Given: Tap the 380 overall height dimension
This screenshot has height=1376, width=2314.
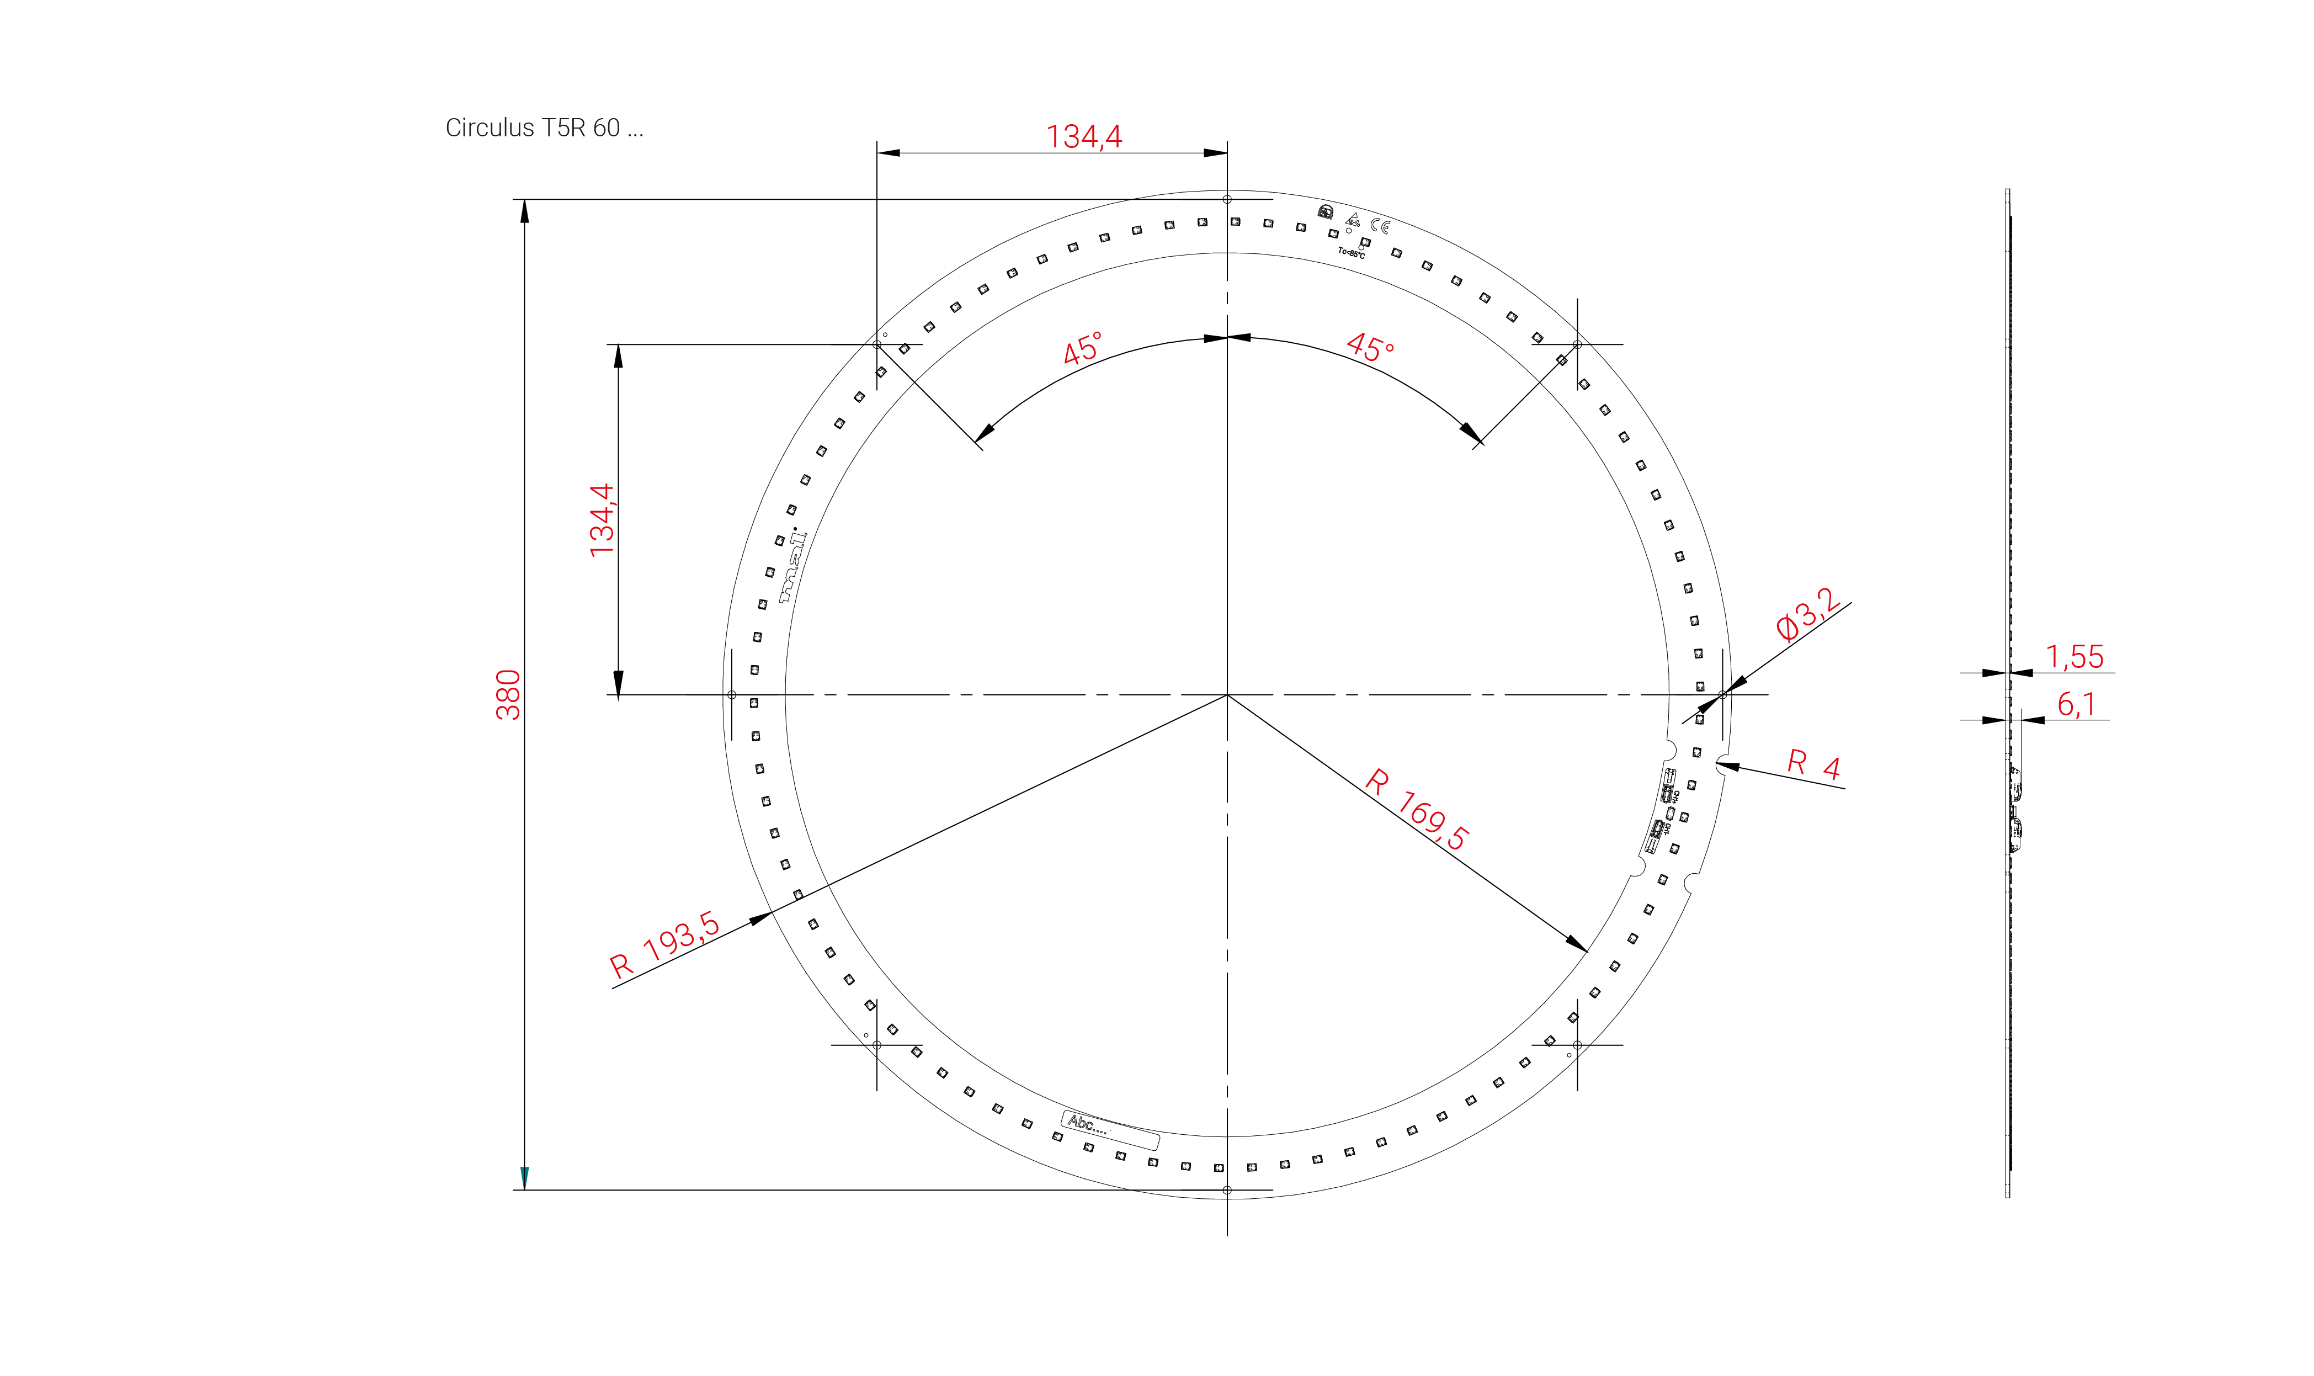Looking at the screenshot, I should tap(508, 694).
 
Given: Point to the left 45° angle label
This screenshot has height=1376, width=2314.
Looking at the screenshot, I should tap(1082, 349).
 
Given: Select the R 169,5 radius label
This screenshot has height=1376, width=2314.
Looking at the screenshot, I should tap(1417, 809).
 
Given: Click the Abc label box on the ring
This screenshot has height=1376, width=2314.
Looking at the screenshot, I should tap(1110, 1129).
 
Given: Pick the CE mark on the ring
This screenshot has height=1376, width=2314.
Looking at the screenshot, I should tap(1380, 225).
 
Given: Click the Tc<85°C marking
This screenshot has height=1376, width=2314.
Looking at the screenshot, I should tap(1351, 252).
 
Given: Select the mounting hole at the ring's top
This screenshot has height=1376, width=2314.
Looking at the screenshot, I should tap(1226, 199).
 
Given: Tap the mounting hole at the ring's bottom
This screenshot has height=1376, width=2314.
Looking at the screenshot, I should tap(1226, 1189).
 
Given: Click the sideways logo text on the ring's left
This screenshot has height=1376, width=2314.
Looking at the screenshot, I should tap(791, 567).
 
